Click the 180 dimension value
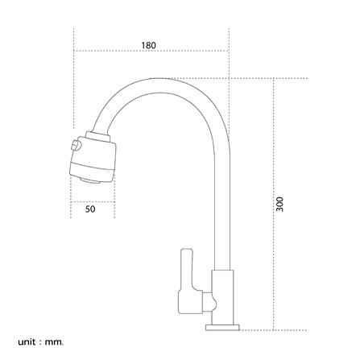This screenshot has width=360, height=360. click(148, 45)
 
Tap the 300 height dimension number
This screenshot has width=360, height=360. click(279, 205)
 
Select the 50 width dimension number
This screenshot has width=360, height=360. click(90, 209)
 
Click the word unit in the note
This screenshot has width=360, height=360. click(27, 341)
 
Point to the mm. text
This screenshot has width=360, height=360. click(55, 342)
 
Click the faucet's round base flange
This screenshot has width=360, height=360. click(222, 328)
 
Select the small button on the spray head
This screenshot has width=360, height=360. click(75, 145)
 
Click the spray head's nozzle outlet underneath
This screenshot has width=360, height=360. click(91, 180)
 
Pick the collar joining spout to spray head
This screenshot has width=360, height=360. click(97, 136)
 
